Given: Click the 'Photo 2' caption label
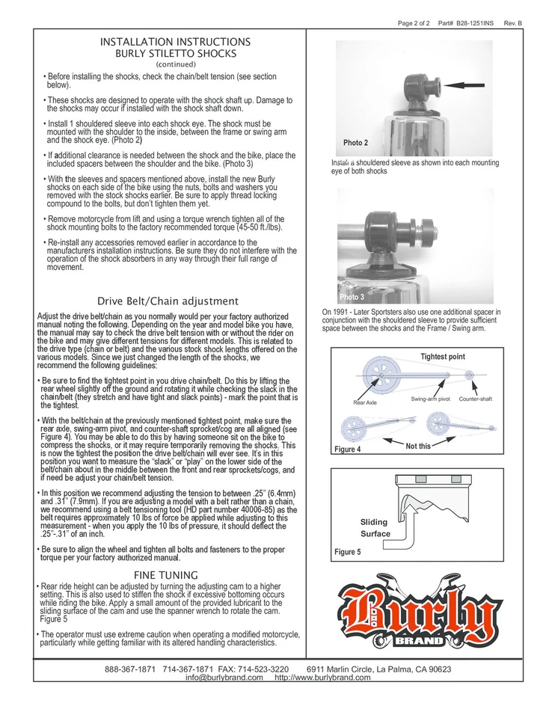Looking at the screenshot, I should coord(355,143).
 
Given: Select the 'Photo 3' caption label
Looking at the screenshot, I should coord(352,297).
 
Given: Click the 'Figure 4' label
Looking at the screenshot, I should coord(348,449).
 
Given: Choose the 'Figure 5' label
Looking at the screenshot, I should coord(348,552).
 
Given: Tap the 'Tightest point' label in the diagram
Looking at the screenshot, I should coord(443,357).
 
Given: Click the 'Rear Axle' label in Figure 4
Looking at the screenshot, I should coord(364,402).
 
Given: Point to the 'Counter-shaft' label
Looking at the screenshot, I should coord(475,399).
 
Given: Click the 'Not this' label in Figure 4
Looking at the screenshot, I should coord(418,446).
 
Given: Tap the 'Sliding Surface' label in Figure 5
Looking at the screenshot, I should coord(375,528).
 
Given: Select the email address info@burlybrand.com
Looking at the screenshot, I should coord(224,678).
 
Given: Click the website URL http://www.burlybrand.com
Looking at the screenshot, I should coord(322,678).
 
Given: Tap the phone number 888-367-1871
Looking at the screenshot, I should coord(130,669).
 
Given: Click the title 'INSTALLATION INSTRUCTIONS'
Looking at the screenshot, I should coord(175,42).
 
